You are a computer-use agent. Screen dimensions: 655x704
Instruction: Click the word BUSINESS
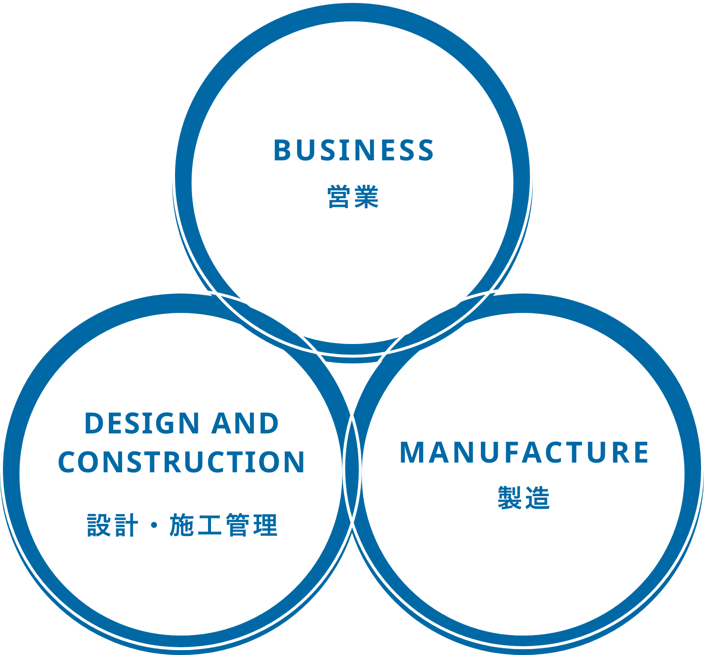pos(353,150)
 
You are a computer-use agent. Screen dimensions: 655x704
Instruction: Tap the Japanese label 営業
pos(353,197)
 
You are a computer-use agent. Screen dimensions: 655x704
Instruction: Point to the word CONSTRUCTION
pos(181,462)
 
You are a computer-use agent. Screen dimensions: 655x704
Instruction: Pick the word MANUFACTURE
pos(524,452)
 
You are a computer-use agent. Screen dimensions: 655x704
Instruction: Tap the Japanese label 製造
pos(524,498)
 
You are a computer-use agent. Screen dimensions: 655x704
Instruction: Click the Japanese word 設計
pos(112,525)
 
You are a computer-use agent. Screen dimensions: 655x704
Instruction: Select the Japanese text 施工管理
pos(224,525)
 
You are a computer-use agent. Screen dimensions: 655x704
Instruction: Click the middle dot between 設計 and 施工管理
pos(154,526)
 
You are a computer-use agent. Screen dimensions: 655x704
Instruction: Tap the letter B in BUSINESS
pos(282,150)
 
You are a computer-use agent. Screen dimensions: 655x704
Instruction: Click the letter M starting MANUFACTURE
pos(411,452)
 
